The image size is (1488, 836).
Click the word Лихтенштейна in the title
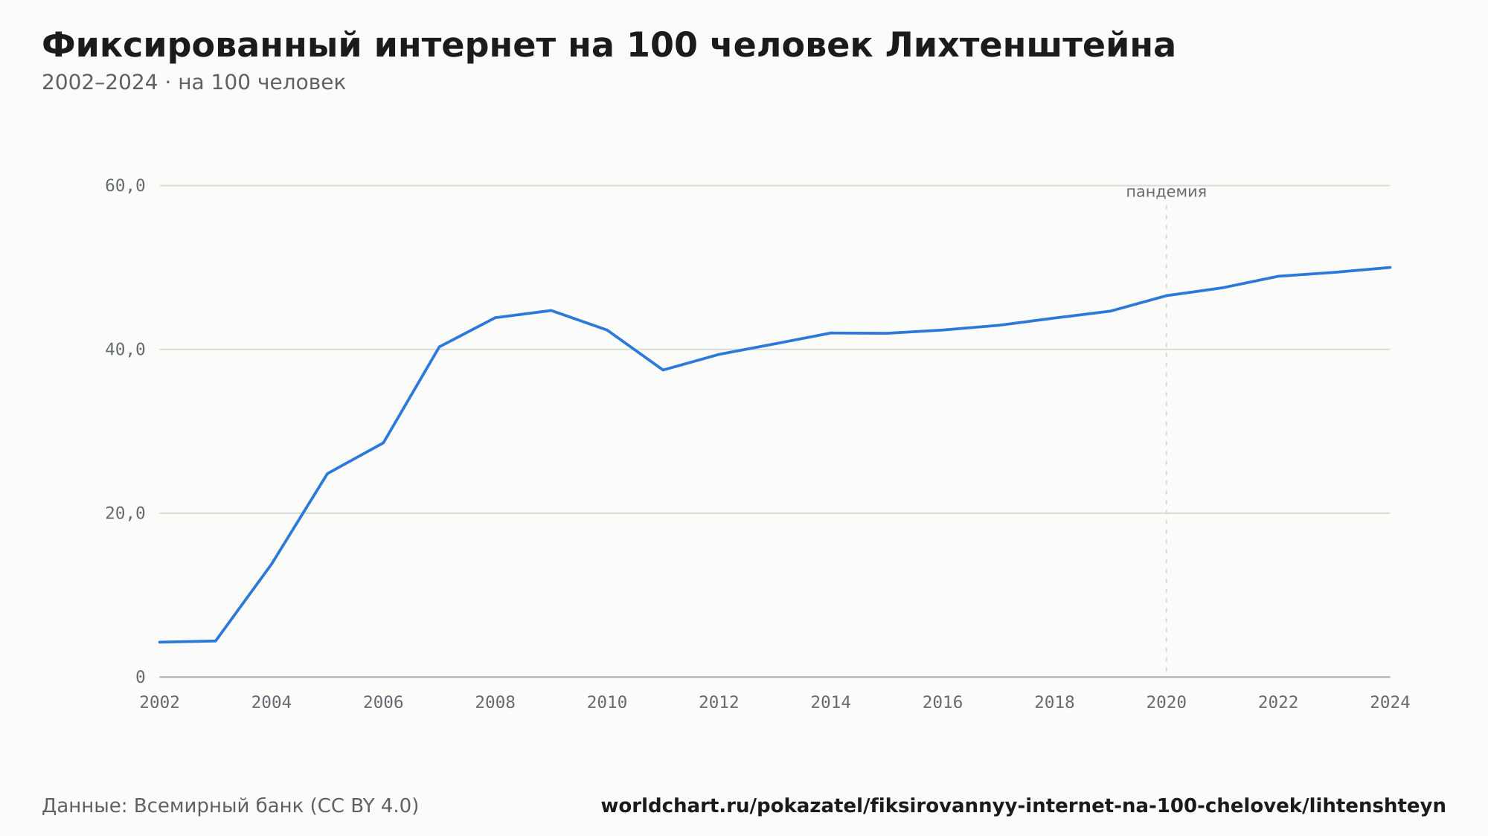[x=1030, y=45]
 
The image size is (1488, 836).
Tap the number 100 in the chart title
[x=662, y=45]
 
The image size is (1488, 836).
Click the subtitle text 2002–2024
[x=100, y=83]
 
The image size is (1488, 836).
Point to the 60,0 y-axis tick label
[x=125, y=186]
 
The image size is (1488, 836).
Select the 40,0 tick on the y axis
[x=125, y=350]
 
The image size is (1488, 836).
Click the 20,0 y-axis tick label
[x=125, y=513]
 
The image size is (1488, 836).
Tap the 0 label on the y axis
[x=140, y=677]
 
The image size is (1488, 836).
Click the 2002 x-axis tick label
[x=160, y=702]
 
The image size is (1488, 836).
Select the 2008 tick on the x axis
[x=496, y=702]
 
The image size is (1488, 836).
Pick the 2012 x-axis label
[x=719, y=702]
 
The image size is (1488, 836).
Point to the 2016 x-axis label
[x=943, y=702]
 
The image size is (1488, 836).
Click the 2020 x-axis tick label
[x=1167, y=702]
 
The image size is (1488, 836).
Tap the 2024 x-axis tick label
[x=1390, y=702]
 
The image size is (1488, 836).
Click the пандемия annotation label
[x=1167, y=192]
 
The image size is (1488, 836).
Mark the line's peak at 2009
[x=551, y=310]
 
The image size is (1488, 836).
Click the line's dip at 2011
[x=663, y=370]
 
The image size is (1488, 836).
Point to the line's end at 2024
[x=1390, y=267]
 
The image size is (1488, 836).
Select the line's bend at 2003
[x=216, y=640]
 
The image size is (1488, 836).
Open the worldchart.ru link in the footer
[x=1023, y=806]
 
